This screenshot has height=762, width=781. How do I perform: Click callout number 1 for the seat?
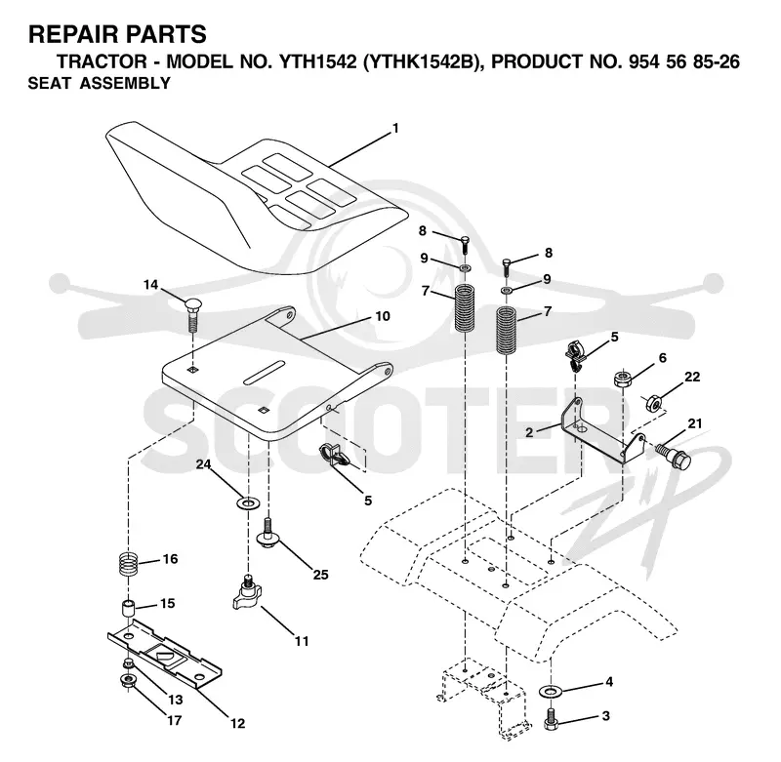tap(395, 129)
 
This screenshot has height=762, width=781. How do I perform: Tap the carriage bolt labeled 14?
tap(192, 315)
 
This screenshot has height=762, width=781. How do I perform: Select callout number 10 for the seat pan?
tap(383, 316)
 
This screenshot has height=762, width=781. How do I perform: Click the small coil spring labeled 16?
tap(129, 564)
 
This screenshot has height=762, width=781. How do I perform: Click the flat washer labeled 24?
tap(248, 502)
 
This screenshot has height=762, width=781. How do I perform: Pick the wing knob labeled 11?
tap(248, 593)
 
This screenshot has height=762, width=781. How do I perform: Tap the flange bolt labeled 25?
tap(268, 533)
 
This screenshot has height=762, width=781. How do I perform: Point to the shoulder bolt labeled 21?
tap(674, 455)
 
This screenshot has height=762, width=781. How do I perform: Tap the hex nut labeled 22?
tap(653, 402)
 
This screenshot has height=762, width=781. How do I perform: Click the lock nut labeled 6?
tap(623, 379)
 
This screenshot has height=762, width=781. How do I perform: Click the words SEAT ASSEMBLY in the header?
tap(100, 83)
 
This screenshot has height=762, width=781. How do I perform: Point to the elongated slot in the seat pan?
tap(264, 372)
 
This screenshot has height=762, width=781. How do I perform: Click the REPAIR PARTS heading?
tap(117, 34)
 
